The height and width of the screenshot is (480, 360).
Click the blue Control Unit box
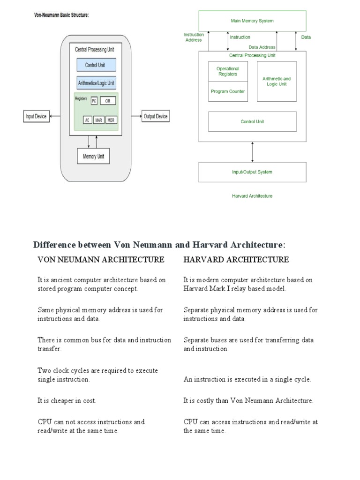click(96, 65)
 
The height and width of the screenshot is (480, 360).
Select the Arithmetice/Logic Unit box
click(96, 83)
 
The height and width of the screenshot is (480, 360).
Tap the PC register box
click(94, 101)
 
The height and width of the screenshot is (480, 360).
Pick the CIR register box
click(107, 101)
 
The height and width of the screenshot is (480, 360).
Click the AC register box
click(88, 120)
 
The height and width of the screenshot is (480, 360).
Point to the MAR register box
click(99, 120)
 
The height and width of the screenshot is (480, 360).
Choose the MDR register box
click(111, 120)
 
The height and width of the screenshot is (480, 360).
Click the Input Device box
click(36, 116)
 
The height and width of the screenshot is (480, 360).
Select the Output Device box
click(156, 116)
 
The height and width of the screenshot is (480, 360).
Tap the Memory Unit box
click(93, 156)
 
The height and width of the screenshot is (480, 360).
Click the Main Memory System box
click(252, 21)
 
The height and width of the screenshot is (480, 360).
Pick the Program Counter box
click(228, 91)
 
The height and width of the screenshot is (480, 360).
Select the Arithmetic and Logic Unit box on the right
click(277, 81)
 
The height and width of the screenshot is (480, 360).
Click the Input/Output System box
click(252, 172)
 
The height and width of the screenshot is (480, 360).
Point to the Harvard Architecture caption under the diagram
click(252, 196)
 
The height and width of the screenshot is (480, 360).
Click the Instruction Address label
click(193, 37)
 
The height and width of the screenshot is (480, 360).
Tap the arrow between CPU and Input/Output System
click(253, 152)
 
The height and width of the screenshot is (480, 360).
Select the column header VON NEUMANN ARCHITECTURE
click(101, 260)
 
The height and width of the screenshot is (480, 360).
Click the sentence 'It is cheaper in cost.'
click(67, 401)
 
